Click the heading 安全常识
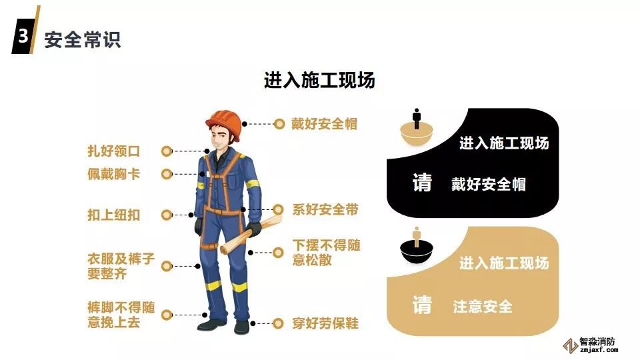pyautogui.click(x=83, y=39)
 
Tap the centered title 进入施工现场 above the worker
pyautogui.click(x=319, y=80)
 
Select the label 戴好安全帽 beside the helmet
pyautogui.click(x=324, y=124)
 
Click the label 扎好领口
pyautogui.click(x=114, y=151)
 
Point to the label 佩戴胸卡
pyautogui.click(x=114, y=174)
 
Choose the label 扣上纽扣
pyautogui.click(x=114, y=215)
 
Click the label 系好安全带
pyautogui.click(x=325, y=210)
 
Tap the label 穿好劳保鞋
pyautogui.click(x=325, y=323)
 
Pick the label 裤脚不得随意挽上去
pyautogui.click(x=121, y=315)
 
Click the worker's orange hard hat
pyautogui.click(x=224, y=124)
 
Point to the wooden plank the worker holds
pyautogui.click(x=251, y=234)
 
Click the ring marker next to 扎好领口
pyautogui.click(x=167, y=151)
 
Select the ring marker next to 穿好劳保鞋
pyautogui.click(x=278, y=323)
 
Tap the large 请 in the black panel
pyautogui.click(x=422, y=183)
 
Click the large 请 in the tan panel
pyautogui.click(x=422, y=305)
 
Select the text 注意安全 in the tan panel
pyautogui.click(x=483, y=307)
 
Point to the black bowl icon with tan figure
pyautogui.click(x=416, y=246)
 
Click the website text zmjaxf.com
pyautogui.click(x=599, y=350)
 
